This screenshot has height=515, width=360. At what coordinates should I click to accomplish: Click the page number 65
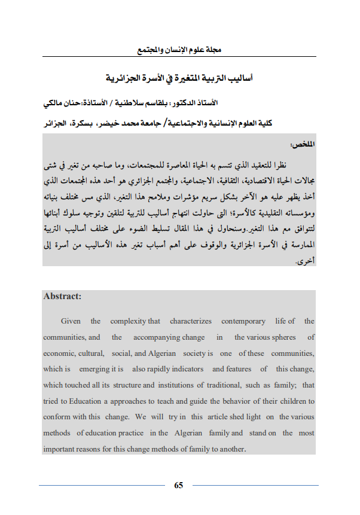(178, 484)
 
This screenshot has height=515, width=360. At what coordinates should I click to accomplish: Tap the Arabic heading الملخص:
(301, 145)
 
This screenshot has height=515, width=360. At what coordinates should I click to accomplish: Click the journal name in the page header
(179, 50)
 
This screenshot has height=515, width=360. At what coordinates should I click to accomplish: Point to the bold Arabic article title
(179, 78)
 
